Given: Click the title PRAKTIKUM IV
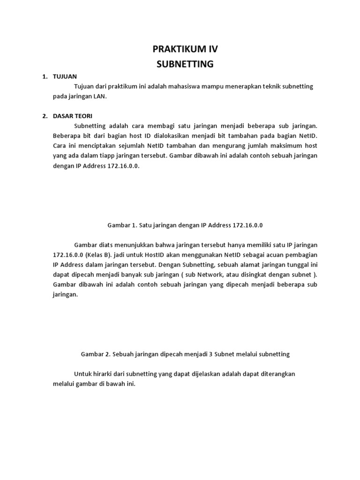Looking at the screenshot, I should click(x=185, y=49).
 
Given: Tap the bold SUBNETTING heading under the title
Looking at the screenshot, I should click(x=185, y=64).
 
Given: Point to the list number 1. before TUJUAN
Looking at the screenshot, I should click(x=45, y=76).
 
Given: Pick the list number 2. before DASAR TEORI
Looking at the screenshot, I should click(x=45, y=116).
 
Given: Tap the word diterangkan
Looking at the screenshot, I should click(x=277, y=374).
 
